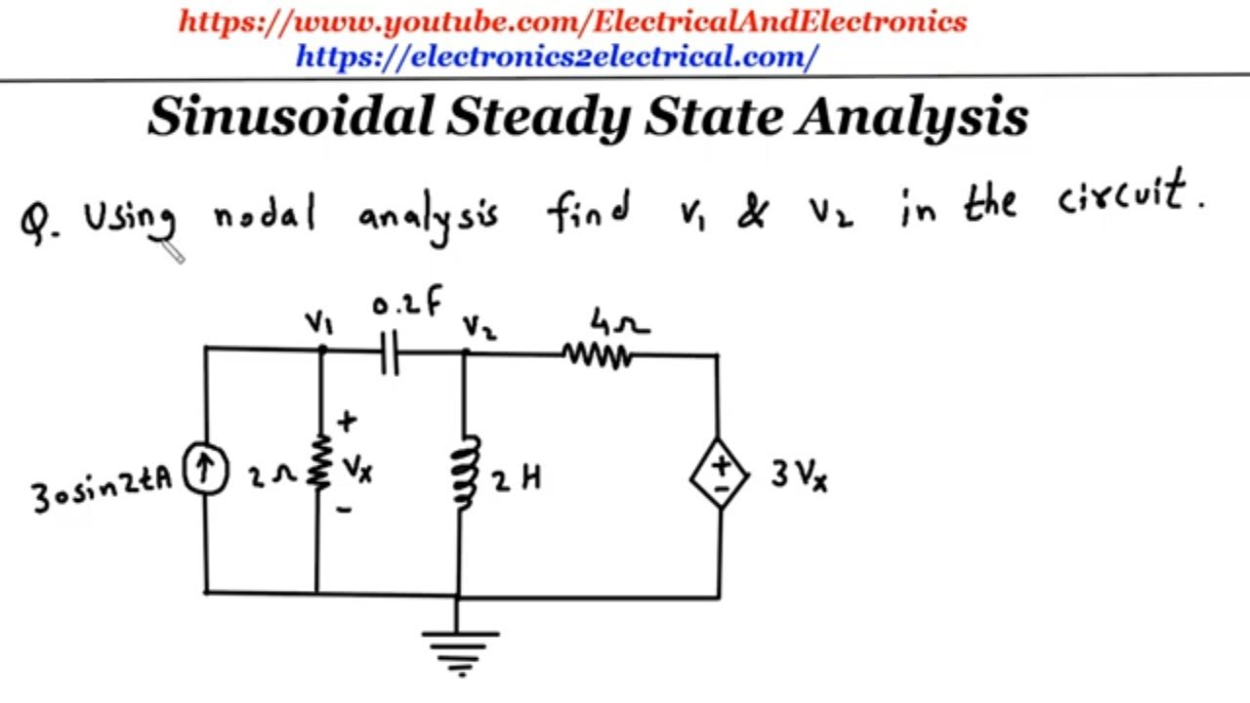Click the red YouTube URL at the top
tap(572, 22)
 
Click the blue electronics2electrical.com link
tap(557, 57)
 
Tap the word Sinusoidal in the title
tap(291, 116)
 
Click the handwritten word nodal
tap(265, 212)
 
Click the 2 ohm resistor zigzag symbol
tap(319, 463)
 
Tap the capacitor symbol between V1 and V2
tap(390, 353)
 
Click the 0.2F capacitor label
tap(407, 302)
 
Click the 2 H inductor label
tap(517, 478)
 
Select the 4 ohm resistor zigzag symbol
tap(597, 356)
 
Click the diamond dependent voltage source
tap(720, 474)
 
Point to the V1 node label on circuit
tap(319, 322)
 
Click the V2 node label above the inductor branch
tap(479, 327)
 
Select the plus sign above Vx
tap(347, 421)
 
